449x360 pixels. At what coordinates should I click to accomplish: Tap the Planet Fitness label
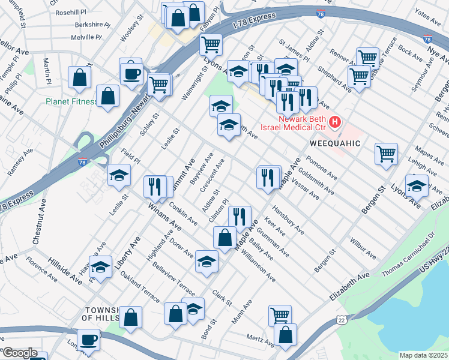(x=71, y=101)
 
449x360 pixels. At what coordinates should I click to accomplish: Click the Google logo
(x=19, y=353)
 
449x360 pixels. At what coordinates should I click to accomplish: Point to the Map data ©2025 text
(x=424, y=355)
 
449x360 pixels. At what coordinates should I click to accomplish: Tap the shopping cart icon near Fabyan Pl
(x=211, y=43)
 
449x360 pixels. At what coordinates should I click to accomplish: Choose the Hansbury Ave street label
(x=288, y=220)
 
